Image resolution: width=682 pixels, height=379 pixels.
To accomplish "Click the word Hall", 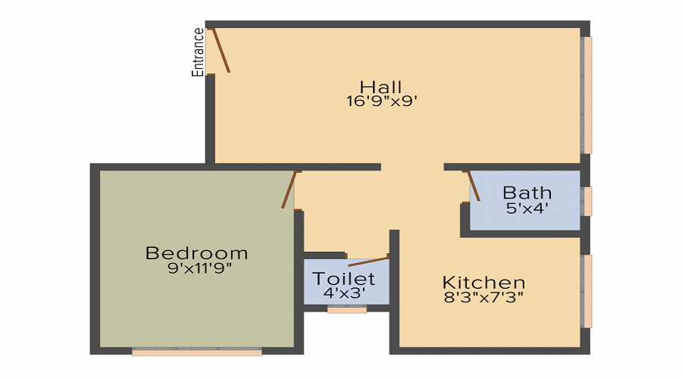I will click(x=380, y=86).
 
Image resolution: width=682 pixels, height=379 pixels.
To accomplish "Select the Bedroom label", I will click(x=197, y=253).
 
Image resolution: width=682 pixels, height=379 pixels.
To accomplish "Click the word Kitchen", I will click(x=483, y=283).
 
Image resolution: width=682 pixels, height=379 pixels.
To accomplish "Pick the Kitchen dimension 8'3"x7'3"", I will click(x=483, y=297).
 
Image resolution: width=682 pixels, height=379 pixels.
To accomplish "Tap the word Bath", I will click(x=527, y=193).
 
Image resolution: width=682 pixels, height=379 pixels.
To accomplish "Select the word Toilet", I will click(x=343, y=277).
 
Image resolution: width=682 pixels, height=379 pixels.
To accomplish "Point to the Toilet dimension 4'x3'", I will click(x=345, y=292).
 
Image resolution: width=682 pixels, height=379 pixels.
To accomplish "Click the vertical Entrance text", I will click(x=199, y=52).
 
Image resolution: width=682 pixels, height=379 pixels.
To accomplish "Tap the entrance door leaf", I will click(x=220, y=50).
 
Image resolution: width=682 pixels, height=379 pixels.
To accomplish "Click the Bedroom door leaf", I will click(x=288, y=189).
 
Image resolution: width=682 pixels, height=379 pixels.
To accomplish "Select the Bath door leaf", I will click(x=474, y=186).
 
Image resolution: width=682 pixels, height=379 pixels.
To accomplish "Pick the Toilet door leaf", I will click(x=369, y=262).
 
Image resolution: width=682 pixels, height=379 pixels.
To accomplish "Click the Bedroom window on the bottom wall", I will click(x=197, y=352).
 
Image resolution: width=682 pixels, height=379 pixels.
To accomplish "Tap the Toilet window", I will click(x=347, y=309).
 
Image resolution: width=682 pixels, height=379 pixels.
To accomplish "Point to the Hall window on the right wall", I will click(x=587, y=95).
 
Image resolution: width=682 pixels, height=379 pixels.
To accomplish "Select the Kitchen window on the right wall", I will click(x=587, y=291).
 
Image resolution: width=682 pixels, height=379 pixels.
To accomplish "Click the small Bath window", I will click(x=587, y=201).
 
